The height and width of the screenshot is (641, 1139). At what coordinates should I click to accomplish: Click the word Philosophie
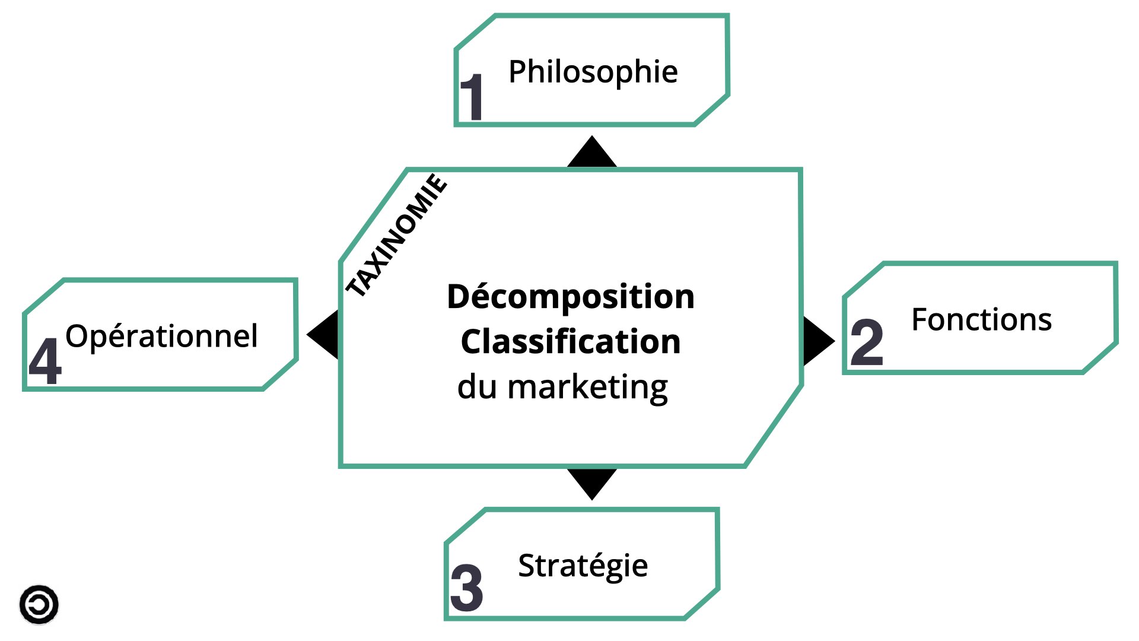point(593,72)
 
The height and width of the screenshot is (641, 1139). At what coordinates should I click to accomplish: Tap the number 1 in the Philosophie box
point(473,97)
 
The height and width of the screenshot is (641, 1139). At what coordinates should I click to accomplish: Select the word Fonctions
point(981,320)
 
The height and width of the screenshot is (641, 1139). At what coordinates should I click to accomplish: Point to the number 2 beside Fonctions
point(867,342)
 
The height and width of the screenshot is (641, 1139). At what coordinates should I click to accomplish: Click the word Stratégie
point(583,566)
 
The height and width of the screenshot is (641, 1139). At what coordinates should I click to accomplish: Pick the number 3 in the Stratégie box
point(467,588)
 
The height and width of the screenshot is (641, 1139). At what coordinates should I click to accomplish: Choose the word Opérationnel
point(161,337)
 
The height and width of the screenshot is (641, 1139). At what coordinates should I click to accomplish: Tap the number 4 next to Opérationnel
point(45,361)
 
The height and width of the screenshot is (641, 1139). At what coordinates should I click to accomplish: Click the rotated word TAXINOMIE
point(396,235)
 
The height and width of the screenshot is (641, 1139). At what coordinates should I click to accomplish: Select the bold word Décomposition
point(570,297)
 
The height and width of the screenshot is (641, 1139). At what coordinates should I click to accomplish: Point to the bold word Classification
point(570,342)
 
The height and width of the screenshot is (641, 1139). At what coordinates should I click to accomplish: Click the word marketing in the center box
point(587,388)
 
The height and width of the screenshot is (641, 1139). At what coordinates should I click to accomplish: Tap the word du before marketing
point(477,387)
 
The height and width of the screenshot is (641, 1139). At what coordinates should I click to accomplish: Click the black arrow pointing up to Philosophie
point(592,153)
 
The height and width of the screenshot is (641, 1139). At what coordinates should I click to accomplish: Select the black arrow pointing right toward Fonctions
point(817,341)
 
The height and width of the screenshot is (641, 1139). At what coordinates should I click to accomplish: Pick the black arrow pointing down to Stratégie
point(592,483)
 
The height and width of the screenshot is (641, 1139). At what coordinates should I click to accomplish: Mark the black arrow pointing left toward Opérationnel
point(324,335)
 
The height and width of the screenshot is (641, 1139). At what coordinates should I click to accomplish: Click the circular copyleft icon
point(39,605)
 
